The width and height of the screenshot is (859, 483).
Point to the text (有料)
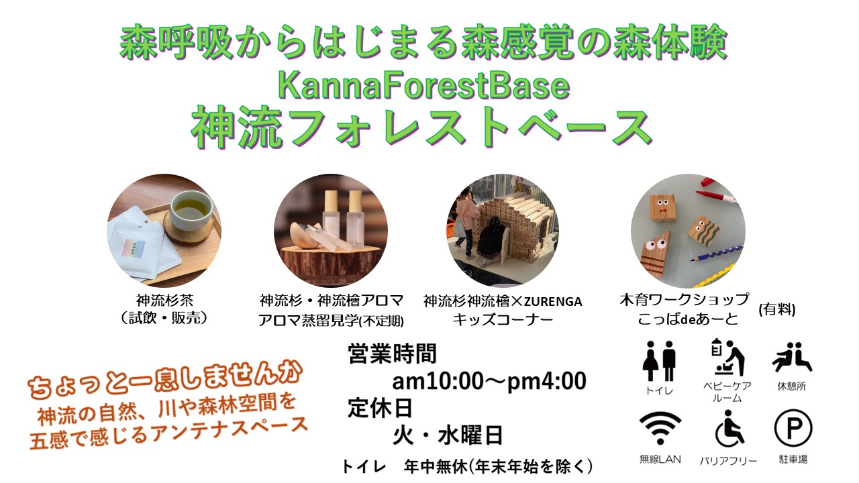pyautogui.click(x=776, y=310)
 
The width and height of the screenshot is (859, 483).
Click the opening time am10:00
pyautogui.click(x=438, y=382)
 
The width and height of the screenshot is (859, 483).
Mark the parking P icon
pyautogui.click(x=793, y=428)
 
